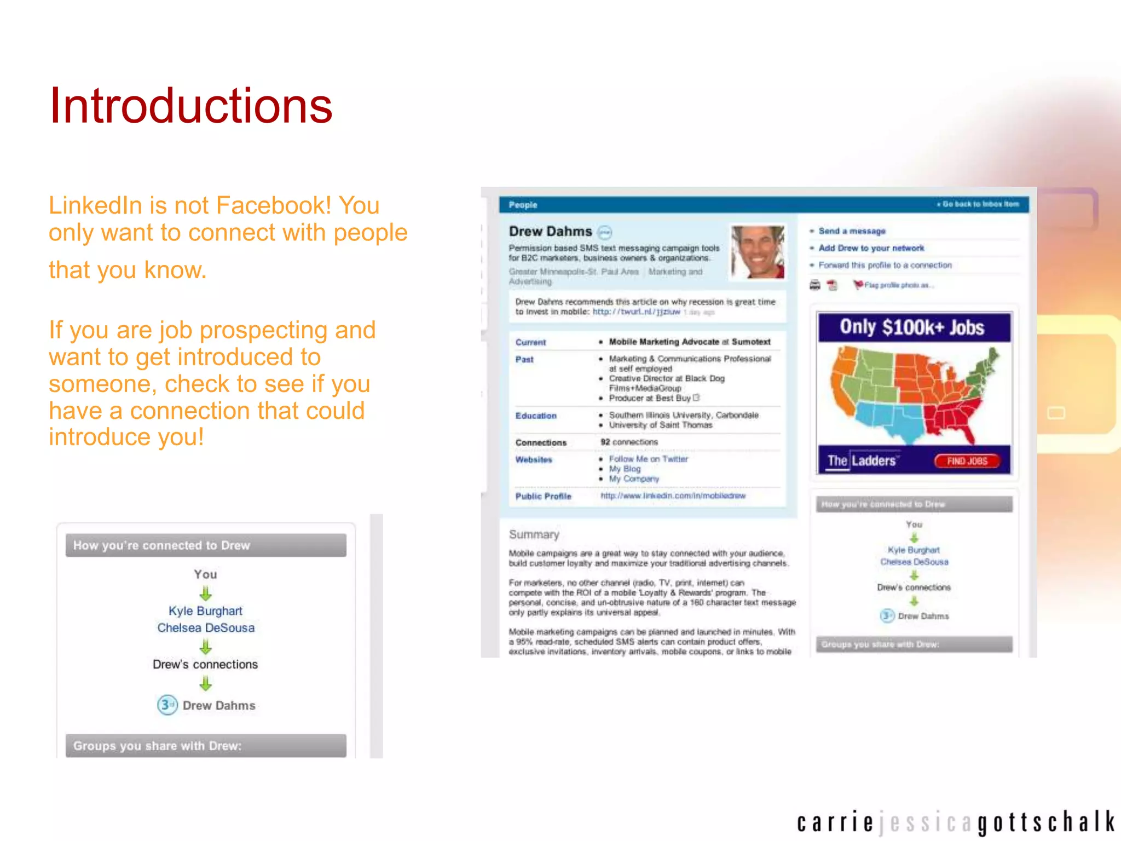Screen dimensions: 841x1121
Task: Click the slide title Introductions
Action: coord(190,106)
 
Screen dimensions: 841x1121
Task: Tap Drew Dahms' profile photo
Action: coord(758,252)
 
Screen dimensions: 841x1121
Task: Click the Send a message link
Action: coord(852,231)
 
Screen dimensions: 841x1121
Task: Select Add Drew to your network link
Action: coord(871,248)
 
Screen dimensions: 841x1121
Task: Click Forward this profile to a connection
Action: coord(885,265)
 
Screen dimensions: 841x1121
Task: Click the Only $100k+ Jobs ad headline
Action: coord(912,327)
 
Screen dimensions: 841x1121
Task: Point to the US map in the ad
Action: coord(912,394)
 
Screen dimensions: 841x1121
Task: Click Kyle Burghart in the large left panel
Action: coord(205,611)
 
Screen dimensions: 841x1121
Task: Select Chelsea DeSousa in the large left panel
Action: coord(206,628)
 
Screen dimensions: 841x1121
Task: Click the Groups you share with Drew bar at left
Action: coord(205,746)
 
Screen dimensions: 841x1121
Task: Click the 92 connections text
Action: coord(629,442)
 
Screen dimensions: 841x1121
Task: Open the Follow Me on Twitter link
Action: coord(648,459)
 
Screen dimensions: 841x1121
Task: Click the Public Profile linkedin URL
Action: coord(673,496)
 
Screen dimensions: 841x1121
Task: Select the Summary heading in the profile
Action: coord(534,534)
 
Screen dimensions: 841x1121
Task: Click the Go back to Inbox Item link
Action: coord(980,204)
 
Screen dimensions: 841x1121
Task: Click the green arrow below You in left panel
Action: coord(205,593)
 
